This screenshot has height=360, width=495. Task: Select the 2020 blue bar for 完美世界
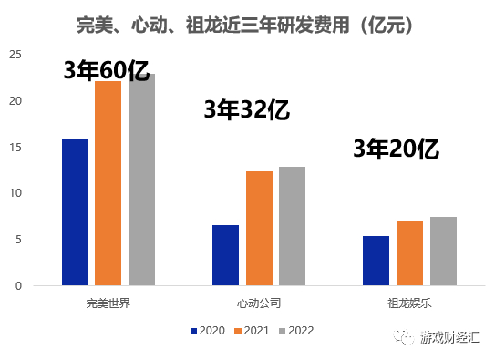click(75, 212)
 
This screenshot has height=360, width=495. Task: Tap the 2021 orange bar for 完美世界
click(108, 183)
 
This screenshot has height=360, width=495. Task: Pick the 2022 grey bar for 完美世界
click(141, 180)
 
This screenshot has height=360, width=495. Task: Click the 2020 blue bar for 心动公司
click(225, 255)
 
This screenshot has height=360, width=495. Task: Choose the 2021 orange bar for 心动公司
click(259, 228)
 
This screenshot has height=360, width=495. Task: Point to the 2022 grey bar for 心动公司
click(292, 226)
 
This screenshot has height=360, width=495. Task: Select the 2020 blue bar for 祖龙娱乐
click(376, 261)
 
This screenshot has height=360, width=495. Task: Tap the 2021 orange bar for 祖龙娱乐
click(409, 252)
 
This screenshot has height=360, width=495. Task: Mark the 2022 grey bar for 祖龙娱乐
click(443, 251)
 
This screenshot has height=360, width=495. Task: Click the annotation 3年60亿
click(106, 71)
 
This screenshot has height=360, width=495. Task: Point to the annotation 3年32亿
click(246, 110)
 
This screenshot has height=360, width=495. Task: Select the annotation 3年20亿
click(397, 149)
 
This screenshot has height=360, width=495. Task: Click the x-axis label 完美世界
click(108, 302)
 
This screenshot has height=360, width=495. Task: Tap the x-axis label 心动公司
click(259, 302)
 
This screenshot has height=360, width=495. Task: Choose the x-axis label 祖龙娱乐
click(409, 302)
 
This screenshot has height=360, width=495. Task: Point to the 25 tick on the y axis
click(15, 55)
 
